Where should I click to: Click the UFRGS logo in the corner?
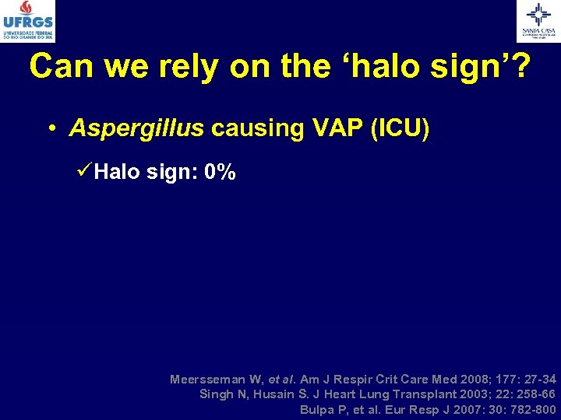pyautogui.click(x=29, y=20)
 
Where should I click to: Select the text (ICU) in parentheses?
pyautogui.click(x=401, y=128)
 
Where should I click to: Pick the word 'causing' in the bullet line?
pyautogui.click(x=249, y=129)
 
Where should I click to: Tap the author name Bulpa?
pyautogui.click(x=317, y=409)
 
